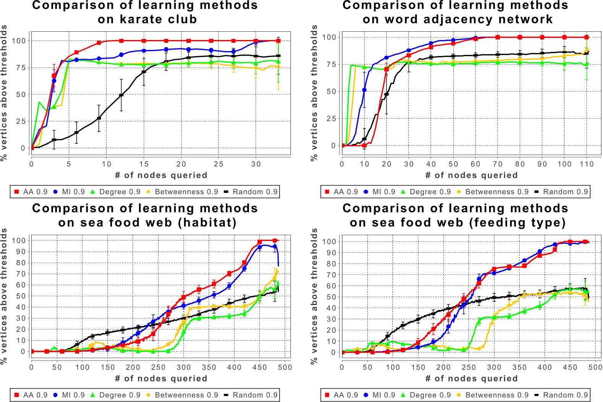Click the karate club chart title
point(145,12)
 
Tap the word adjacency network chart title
point(455,12)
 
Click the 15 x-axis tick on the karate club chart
point(144,164)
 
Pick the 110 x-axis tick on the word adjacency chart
point(587,164)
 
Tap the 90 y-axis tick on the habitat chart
point(21,252)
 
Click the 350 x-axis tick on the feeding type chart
point(520,367)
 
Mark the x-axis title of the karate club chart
point(161,175)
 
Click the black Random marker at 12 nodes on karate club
point(121,95)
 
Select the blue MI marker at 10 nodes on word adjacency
point(364,90)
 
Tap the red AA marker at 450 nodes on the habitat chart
point(260,242)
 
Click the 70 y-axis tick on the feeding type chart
point(332,275)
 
